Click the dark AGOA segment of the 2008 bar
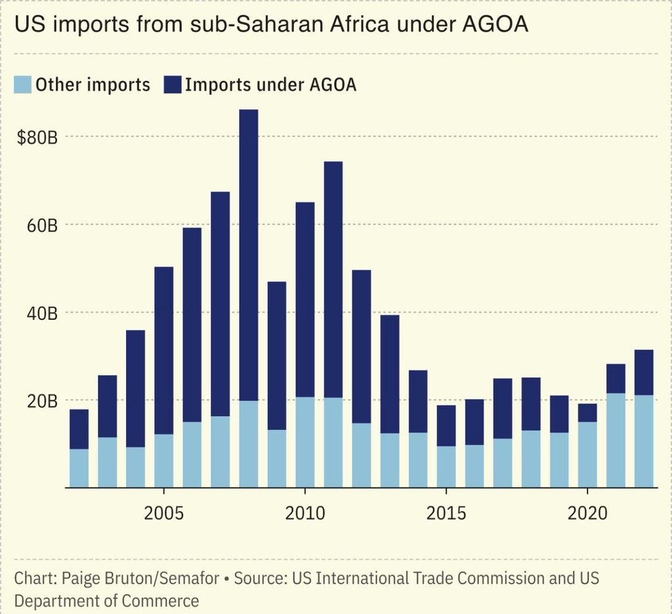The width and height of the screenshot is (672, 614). (249, 255)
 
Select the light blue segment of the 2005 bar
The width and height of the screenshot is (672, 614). (163, 461)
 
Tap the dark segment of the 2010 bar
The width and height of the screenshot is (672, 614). (305, 299)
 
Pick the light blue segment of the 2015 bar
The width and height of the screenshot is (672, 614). (446, 467)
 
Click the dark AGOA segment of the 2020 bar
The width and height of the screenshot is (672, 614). (587, 413)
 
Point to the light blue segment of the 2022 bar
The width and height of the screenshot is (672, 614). (644, 441)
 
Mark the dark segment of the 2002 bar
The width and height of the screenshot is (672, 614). (79, 429)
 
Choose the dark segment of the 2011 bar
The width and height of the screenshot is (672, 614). (333, 280)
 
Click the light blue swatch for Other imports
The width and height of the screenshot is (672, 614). (22, 85)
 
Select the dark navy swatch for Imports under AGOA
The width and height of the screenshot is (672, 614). (173, 85)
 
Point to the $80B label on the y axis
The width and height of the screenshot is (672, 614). (37, 138)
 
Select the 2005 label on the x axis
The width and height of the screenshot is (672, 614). (163, 513)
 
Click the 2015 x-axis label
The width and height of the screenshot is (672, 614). (446, 513)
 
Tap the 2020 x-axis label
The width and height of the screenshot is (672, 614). (587, 513)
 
